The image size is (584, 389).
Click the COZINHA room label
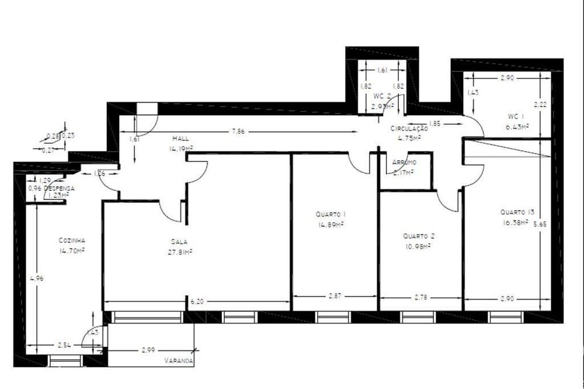pos(72,240)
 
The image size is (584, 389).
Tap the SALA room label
pos(179,241)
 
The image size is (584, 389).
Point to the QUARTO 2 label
pos(418,236)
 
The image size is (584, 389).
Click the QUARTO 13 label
pos(517,212)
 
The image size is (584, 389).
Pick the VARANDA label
pos(179,361)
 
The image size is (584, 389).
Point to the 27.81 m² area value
pos(179,252)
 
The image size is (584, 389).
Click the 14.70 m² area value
pos(72,250)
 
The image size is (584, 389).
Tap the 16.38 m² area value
pos(515,222)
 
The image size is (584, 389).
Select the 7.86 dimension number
pos(237,132)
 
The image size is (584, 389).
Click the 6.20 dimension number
pos(197,301)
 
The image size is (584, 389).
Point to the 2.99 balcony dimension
pos(148,350)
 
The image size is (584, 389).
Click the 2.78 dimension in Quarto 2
pos(420,297)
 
